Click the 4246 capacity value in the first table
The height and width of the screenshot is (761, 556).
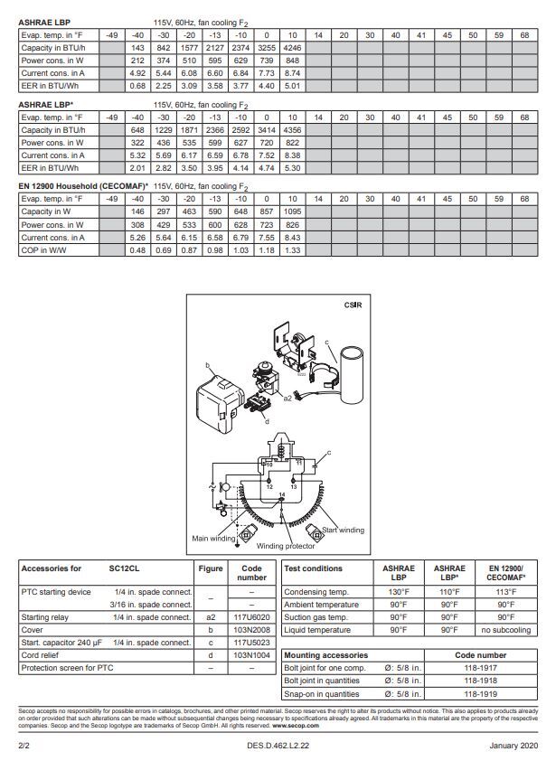point(292,47)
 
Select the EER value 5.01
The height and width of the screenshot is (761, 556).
point(292,86)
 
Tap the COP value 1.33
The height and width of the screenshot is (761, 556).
point(292,249)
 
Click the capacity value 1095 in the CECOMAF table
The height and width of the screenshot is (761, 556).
point(292,211)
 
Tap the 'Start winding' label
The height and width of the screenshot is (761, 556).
point(343,530)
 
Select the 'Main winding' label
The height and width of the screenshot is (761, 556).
point(213,538)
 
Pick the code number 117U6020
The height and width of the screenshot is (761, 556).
point(251,617)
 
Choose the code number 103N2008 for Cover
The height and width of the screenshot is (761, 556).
point(251,630)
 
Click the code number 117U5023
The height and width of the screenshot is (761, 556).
point(251,643)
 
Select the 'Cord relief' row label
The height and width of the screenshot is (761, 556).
point(41,655)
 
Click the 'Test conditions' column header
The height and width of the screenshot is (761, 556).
point(313,568)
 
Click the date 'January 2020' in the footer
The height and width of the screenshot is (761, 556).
point(513,746)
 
